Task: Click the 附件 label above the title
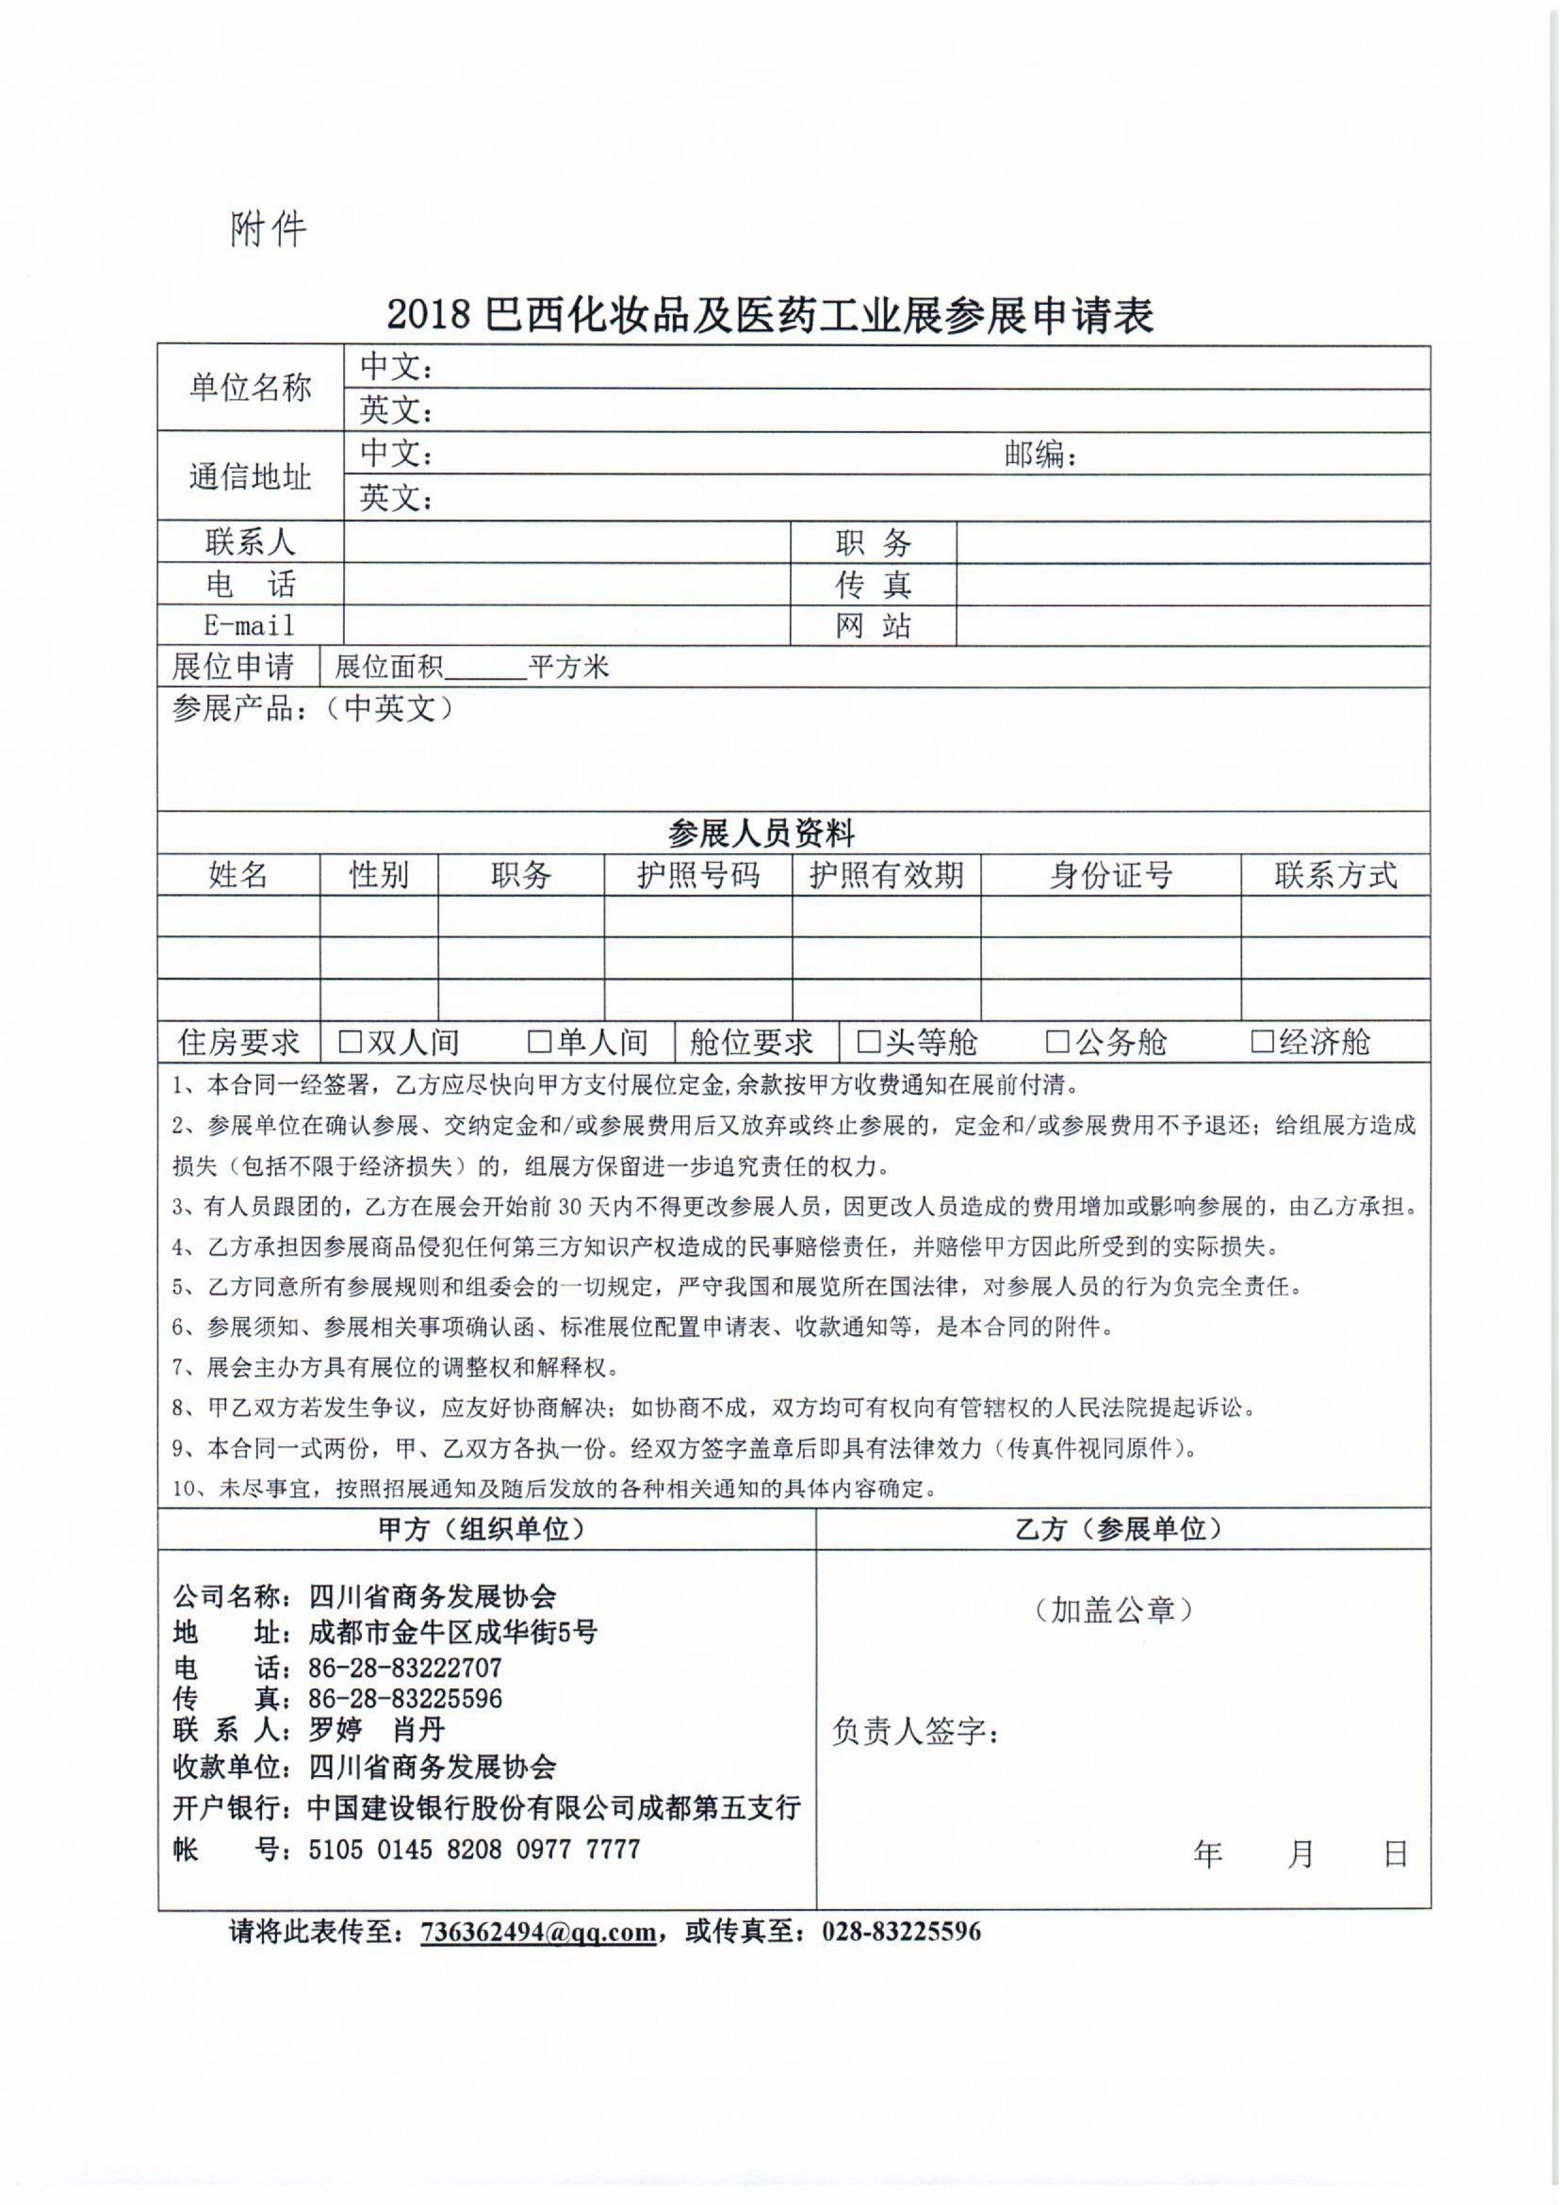tap(268, 229)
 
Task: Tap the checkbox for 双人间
tap(350, 1042)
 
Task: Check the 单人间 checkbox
tap(539, 1042)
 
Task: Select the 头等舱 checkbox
tap(868, 1042)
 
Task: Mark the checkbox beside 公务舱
tap(1057, 1042)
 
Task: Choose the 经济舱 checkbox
tap(1261, 1042)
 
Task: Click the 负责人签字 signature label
tap(915, 1731)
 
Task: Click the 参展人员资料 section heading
tap(761, 833)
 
